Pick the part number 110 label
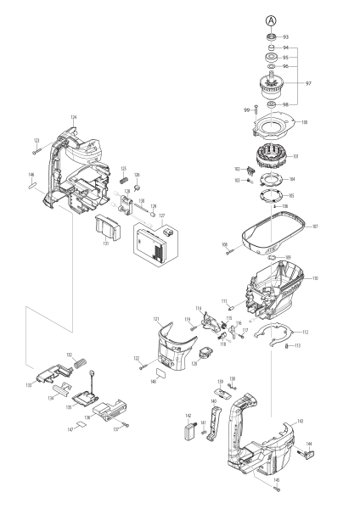314,278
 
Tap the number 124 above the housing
74,117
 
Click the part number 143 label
299,421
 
